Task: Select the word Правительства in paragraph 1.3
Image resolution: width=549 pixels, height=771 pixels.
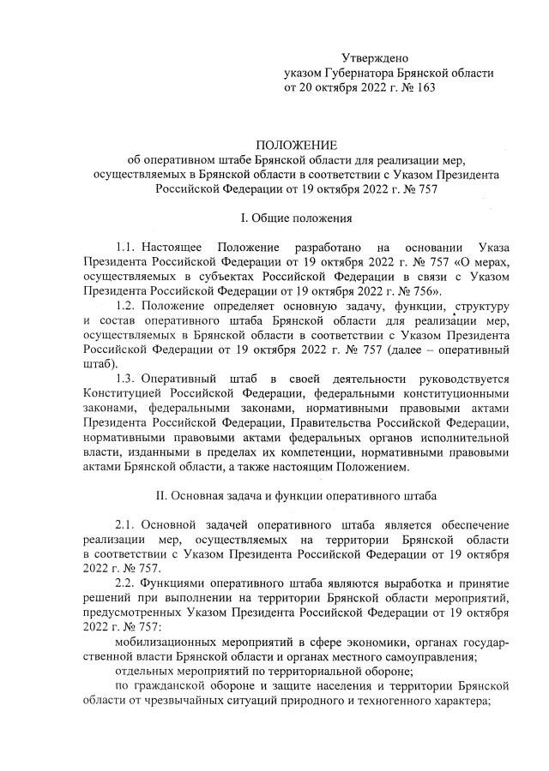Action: [x=356, y=424]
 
